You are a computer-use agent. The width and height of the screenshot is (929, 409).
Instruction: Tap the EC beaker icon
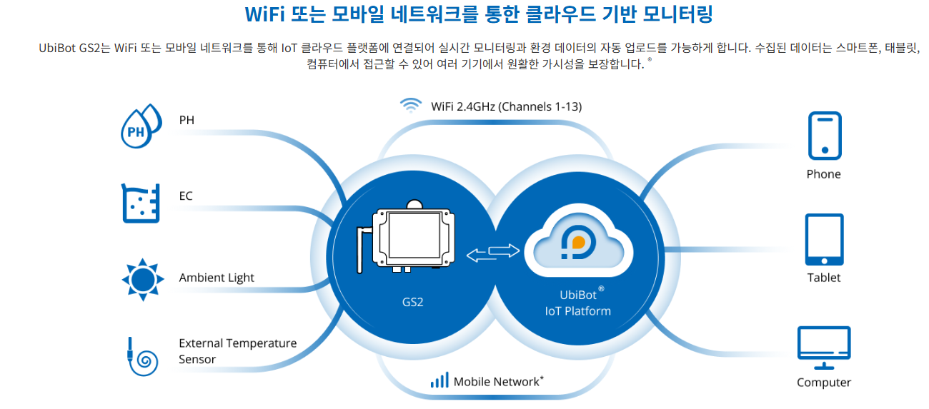coord(139,202)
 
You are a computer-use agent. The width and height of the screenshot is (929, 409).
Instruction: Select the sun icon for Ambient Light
coord(143,278)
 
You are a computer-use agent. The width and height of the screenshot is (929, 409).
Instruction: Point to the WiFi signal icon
coord(410,106)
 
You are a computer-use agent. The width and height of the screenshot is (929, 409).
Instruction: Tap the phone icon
coord(824,135)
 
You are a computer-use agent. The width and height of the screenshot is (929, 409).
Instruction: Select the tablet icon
coord(824,239)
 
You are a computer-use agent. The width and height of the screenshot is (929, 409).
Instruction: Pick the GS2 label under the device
coord(412,302)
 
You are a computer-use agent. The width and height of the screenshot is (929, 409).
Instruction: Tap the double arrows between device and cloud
coord(493,252)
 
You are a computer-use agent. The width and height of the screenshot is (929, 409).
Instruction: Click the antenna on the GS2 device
coord(361,250)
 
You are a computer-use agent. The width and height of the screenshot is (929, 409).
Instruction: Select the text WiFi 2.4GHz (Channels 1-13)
coord(506,107)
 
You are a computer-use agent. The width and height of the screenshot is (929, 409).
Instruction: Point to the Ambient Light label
coord(217,278)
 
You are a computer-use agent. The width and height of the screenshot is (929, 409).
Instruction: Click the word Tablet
coord(824,278)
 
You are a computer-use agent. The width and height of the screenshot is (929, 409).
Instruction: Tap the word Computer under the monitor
coord(824,383)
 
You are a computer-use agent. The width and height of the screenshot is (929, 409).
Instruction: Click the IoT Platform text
coord(577,311)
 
